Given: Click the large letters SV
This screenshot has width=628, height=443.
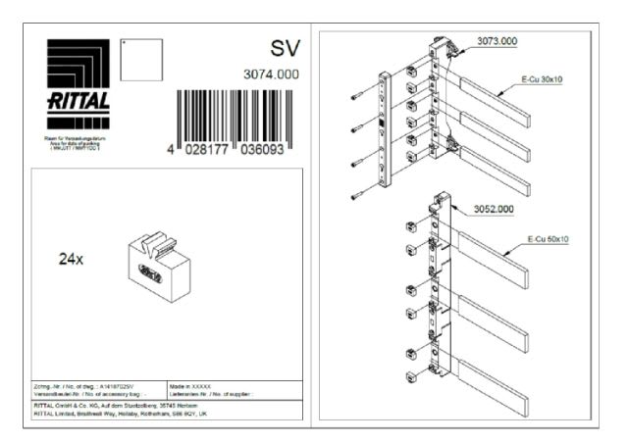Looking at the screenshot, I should (283, 49).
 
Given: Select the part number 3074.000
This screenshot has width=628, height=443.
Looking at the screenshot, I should (271, 74).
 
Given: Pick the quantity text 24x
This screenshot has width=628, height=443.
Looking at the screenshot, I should (73, 260).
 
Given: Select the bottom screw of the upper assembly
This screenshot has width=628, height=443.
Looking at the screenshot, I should (356, 197).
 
